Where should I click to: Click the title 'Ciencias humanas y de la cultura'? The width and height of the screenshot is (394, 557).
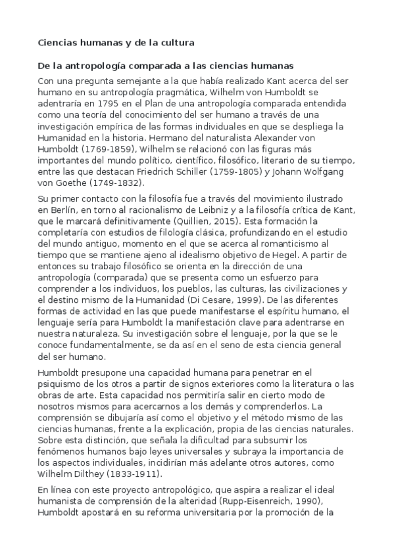click(116, 43)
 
